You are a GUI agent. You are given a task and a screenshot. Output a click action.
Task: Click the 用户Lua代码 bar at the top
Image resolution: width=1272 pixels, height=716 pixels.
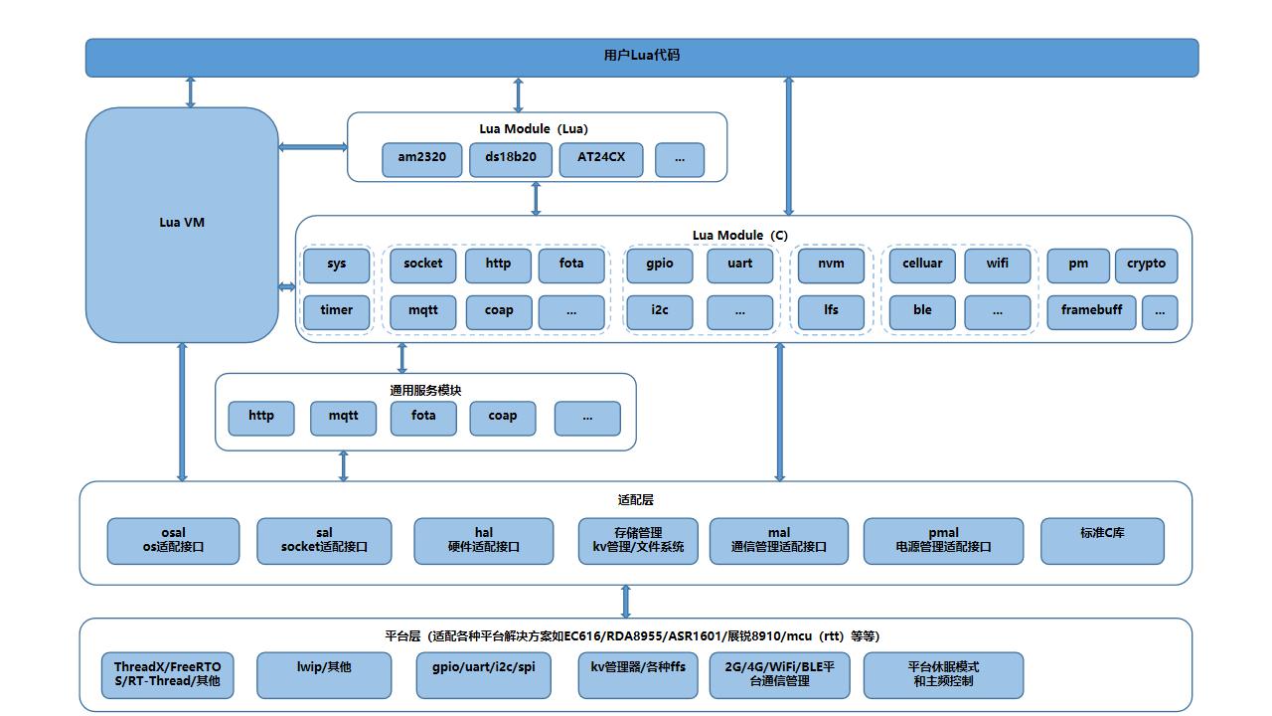click(641, 57)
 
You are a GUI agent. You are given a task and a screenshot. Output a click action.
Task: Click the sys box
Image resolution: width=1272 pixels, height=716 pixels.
click(336, 266)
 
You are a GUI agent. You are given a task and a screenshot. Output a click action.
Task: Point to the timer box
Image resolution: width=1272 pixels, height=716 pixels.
click(336, 311)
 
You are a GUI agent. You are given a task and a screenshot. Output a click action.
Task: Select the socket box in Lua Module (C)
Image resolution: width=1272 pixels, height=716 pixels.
click(423, 266)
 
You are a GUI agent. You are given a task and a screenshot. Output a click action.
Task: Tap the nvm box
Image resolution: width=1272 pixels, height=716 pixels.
click(831, 266)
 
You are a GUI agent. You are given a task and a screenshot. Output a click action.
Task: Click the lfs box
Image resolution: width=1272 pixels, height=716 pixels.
click(831, 311)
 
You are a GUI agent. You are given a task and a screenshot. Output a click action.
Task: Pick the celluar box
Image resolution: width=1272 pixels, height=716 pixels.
click(922, 266)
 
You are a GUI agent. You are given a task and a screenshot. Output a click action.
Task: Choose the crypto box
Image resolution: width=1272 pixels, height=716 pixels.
click(1146, 266)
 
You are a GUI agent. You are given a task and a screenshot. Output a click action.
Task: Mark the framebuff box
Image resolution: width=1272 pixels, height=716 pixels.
click(1091, 311)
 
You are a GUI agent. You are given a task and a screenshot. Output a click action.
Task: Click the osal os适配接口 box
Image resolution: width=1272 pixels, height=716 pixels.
click(173, 540)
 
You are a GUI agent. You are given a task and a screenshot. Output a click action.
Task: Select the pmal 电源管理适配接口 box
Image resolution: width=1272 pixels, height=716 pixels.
click(943, 540)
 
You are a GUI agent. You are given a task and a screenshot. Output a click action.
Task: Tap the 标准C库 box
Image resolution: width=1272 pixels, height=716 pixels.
click(1102, 540)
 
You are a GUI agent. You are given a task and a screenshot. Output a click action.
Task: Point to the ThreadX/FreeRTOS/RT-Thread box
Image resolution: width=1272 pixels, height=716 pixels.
click(167, 675)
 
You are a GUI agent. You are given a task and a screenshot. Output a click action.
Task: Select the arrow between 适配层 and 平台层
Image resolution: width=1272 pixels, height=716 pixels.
click(625, 602)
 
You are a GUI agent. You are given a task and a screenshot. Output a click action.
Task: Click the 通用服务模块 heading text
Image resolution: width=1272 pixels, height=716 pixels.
click(425, 391)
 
